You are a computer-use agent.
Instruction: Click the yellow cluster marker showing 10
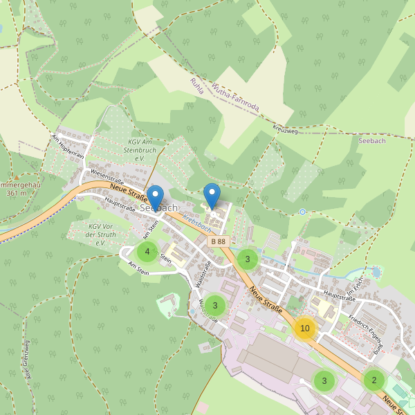pyautogui.click(x=304, y=329)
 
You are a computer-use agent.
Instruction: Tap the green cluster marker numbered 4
pyautogui.click(x=147, y=252)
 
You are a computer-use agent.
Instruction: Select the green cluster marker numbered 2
pyautogui.click(x=374, y=380)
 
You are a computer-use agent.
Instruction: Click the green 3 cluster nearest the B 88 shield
pyautogui.click(x=248, y=259)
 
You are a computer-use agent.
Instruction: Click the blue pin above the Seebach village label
pyautogui.click(x=156, y=198)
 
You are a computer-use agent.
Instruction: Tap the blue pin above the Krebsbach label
pyautogui.click(x=212, y=196)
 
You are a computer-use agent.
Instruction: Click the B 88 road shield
pyautogui.click(x=218, y=241)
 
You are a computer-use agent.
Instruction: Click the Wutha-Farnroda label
pyautogui.click(x=235, y=98)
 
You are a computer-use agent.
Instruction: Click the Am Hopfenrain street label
pyautogui.click(x=68, y=146)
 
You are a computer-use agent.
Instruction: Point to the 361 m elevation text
pyautogui.click(x=15, y=194)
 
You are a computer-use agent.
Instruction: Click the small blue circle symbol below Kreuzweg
pyautogui.click(x=302, y=212)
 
